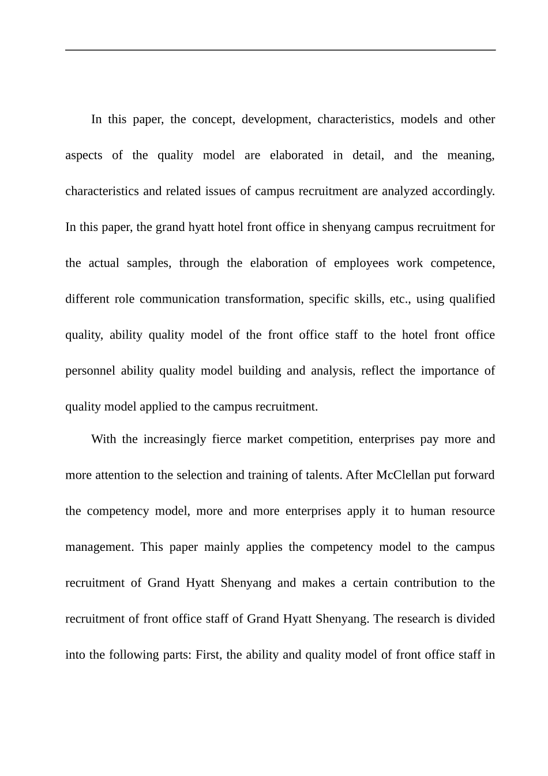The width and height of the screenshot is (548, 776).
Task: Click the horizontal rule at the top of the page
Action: pyautogui.click(x=280, y=50)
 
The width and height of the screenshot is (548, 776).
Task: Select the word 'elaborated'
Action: pyautogui.click(x=296, y=155)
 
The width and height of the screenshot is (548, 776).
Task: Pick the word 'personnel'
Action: pyautogui.click(x=89, y=371)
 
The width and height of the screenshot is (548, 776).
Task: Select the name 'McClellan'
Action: pyautogui.click(x=403, y=475)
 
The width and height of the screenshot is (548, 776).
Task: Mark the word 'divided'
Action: pyautogui.click(x=476, y=619)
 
